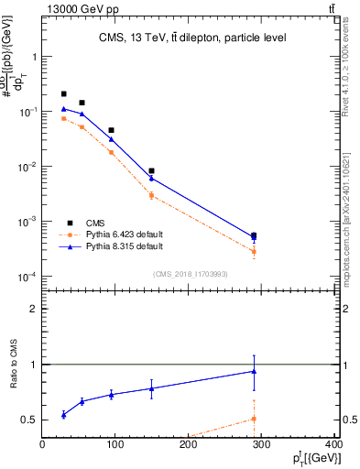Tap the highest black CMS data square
click(x=63, y=94)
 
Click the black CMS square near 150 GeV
click(x=151, y=171)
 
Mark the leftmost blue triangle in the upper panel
click(x=63, y=109)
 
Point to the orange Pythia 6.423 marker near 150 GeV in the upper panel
click(x=151, y=195)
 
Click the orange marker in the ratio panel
click(x=254, y=419)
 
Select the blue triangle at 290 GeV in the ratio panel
click(x=254, y=371)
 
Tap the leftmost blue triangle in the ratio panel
click(x=63, y=415)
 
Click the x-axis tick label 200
click(x=189, y=444)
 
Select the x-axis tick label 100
click(x=115, y=444)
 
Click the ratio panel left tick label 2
click(x=33, y=309)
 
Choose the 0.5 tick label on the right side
click(x=348, y=420)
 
